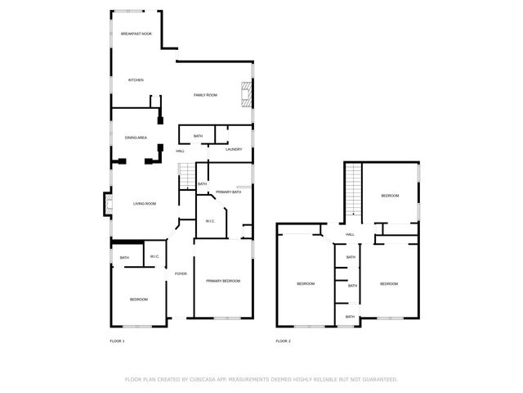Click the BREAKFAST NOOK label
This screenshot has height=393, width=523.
136,34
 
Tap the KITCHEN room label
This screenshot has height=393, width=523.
136,79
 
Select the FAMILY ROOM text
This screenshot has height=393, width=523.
205,95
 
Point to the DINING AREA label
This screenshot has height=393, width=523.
136,138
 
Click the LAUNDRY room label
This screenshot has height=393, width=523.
234,150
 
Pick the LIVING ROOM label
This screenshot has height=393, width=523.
145,203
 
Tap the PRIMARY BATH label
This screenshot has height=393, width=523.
228,192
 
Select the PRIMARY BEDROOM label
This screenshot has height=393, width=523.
223,281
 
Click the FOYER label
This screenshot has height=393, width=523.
181,273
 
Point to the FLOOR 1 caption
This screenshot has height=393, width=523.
117,341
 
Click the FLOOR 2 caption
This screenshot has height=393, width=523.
283,341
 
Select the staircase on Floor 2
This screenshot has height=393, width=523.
352,187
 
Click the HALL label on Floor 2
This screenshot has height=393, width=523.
350,234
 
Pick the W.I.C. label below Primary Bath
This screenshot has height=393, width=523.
209,220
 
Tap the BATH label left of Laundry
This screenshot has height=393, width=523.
198,136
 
